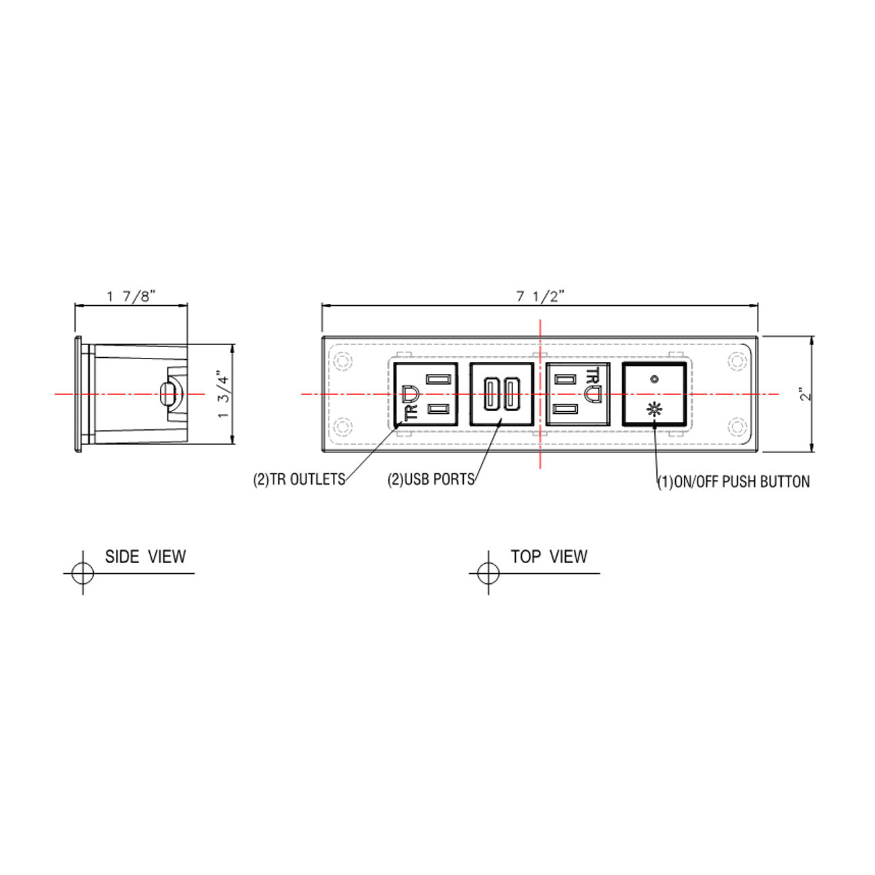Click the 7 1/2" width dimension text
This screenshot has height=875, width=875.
[540, 296]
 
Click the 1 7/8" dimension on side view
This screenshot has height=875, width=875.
[131, 296]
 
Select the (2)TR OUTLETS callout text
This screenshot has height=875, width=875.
[299, 479]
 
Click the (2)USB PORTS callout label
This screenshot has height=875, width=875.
[431, 479]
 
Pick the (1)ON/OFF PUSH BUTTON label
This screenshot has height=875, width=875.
[734, 482]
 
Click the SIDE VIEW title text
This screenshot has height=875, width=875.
[145, 557]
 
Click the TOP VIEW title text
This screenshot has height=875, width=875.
[549, 556]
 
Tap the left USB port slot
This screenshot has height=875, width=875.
[491, 394]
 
